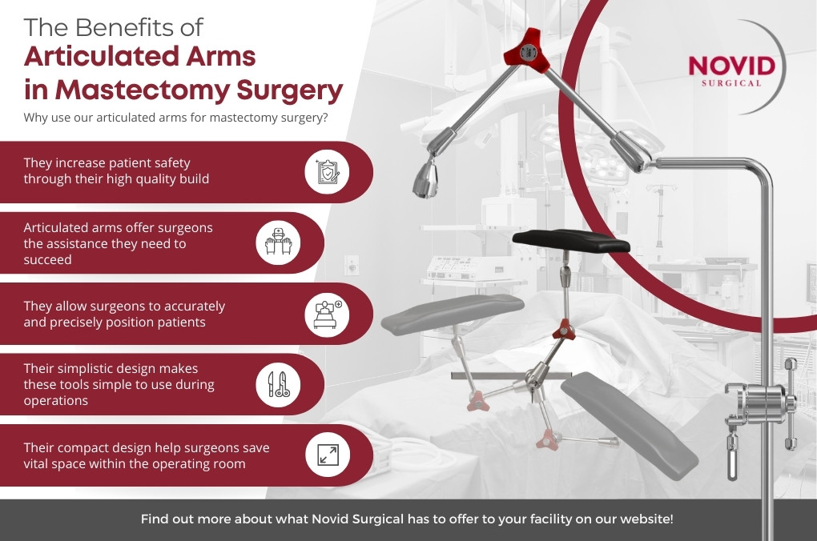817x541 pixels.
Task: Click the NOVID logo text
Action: point(731,66)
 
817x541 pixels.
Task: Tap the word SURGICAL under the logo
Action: point(731,83)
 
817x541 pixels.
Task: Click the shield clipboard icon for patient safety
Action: point(328,172)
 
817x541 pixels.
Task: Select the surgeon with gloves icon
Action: point(278,242)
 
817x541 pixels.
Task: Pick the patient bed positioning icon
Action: point(328,314)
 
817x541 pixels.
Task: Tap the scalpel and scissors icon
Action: point(279,384)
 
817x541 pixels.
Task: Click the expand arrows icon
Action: point(328,455)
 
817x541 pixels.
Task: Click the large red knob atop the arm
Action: point(527,51)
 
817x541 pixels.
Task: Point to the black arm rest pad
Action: point(571,240)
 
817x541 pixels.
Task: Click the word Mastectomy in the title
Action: point(143,90)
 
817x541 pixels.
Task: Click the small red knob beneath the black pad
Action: point(563,330)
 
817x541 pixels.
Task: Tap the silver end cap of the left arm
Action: point(425,178)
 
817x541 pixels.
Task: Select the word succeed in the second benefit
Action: point(47,259)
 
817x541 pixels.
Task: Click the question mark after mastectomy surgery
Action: point(325,117)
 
